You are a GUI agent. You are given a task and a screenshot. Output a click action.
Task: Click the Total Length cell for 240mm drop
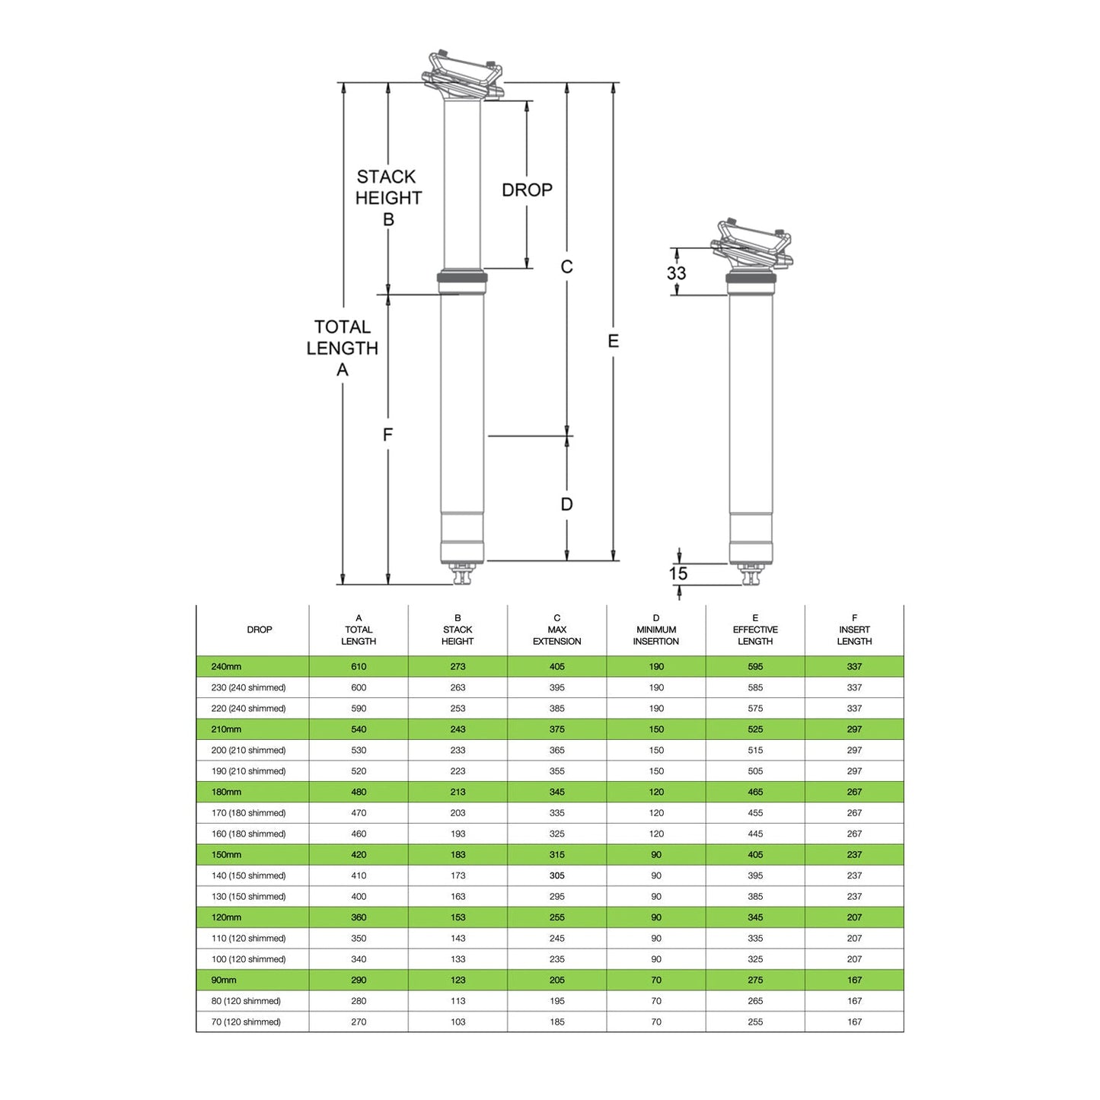(359, 666)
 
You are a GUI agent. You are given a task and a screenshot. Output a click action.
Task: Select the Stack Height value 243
(458, 729)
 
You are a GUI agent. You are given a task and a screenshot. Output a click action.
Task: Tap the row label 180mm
(226, 792)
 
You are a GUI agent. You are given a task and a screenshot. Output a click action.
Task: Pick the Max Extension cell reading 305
(557, 875)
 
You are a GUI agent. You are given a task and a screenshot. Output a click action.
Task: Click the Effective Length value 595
(755, 666)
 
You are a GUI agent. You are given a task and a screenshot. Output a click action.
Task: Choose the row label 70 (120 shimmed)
(246, 1022)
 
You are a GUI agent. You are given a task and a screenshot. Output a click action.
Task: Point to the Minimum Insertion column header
(656, 630)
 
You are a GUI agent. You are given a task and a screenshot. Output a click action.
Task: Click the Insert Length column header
(855, 630)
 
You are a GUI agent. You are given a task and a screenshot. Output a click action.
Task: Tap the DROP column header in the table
(259, 630)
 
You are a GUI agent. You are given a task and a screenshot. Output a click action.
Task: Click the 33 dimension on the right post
(677, 273)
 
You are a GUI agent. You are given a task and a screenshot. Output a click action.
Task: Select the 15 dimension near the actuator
(678, 573)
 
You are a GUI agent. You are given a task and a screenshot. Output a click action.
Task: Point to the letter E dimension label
(613, 341)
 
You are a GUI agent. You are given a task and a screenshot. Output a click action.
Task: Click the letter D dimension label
(567, 504)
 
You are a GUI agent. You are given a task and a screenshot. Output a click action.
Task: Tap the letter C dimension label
(567, 266)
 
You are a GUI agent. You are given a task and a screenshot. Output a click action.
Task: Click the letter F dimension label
(387, 435)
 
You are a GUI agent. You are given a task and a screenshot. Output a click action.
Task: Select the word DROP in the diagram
(527, 190)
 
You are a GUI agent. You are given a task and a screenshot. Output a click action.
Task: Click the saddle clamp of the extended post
(463, 76)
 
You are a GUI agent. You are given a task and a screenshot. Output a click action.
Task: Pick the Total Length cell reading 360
(359, 917)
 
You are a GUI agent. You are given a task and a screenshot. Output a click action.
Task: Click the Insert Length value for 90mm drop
(855, 980)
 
